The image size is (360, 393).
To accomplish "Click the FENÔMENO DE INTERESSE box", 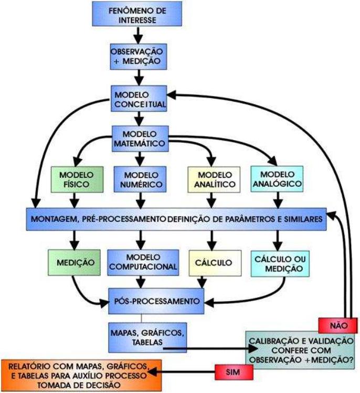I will click(137, 15).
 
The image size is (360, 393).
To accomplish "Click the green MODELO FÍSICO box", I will click(76, 179).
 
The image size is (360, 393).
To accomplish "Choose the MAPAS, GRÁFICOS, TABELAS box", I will click(139, 337).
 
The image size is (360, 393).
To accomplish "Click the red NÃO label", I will click(336, 325).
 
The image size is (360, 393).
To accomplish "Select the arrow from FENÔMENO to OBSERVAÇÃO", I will click(137, 35).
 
